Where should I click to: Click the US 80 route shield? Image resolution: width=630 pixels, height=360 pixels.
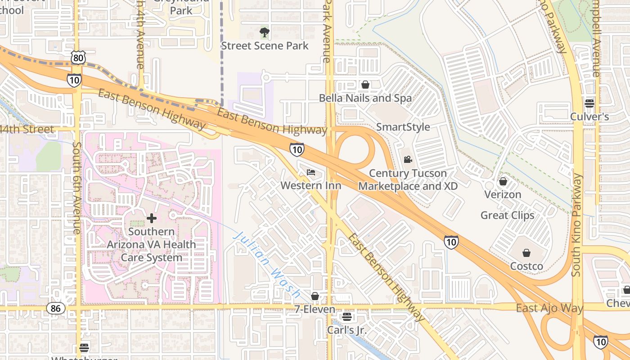click(x=78, y=57)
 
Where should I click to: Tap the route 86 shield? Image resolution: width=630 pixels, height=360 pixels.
click(x=56, y=308)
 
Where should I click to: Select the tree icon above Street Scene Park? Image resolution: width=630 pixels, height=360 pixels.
click(x=265, y=32)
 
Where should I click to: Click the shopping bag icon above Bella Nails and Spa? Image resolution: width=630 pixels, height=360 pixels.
click(x=365, y=85)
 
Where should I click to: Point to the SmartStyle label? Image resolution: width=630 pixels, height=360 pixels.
click(x=403, y=127)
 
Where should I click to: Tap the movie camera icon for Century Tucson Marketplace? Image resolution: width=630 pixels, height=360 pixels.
click(x=408, y=159)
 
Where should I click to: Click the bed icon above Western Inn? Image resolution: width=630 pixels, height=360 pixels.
click(x=311, y=172)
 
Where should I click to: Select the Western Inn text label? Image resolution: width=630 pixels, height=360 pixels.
click(x=311, y=185)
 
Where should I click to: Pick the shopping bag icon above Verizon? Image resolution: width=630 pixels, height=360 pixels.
click(x=503, y=181)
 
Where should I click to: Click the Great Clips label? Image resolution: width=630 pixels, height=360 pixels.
click(x=507, y=215)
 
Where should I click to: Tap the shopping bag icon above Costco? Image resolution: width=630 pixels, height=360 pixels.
click(x=526, y=253)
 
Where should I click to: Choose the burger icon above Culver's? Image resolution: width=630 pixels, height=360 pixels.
click(x=589, y=103)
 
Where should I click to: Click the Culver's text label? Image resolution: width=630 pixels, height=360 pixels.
click(x=589, y=117)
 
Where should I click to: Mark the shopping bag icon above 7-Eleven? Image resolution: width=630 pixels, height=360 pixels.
click(x=315, y=296)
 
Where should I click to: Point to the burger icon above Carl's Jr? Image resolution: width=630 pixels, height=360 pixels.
click(x=346, y=317)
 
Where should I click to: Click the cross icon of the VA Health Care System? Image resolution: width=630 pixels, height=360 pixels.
click(x=152, y=218)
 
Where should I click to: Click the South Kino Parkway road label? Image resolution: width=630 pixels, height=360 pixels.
click(x=577, y=225)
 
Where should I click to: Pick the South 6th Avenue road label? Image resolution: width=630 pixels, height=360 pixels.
click(x=77, y=188)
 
